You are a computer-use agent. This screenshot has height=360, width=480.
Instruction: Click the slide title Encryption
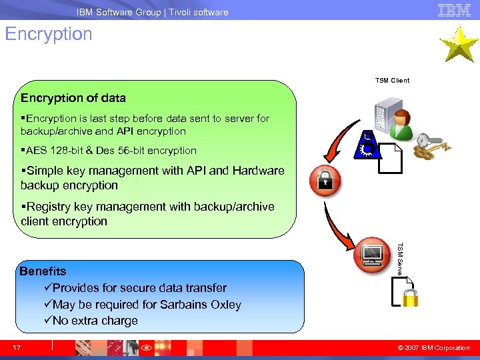pyautogui.click(x=49, y=34)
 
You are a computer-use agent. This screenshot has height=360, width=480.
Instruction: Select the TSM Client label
pyautogui.click(x=392, y=81)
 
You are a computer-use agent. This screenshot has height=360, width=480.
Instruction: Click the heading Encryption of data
pyautogui.click(x=73, y=98)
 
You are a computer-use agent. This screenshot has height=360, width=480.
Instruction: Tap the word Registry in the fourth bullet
pyautogui.click(x=49, y=207)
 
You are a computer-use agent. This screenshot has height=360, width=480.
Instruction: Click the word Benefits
pyautogui.click(x=43, y=271)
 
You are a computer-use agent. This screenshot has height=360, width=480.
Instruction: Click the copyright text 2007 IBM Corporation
pyautogui.click(x=438, y=347)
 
